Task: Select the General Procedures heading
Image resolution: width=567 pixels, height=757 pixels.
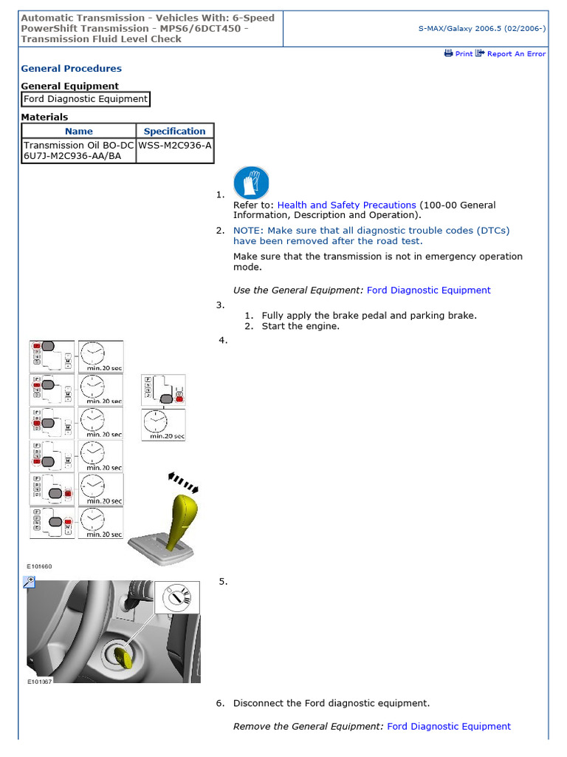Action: (71, 69)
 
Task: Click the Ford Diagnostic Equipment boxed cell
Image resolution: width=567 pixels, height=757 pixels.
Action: (86, 99)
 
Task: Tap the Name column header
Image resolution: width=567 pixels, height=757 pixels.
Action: (79, 132)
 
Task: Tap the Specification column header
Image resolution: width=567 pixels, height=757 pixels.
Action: (174, 132)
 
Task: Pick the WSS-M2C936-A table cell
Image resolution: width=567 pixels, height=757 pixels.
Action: (175, 146)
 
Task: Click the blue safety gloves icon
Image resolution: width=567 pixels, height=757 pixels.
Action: (251, 183)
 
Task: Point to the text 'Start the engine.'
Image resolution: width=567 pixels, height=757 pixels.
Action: (300, 326)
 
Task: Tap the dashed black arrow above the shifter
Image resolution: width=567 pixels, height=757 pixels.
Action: (184, 481)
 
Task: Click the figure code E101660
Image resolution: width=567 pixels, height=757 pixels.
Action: (39, 566)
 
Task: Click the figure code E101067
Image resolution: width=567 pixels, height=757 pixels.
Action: (39, 682)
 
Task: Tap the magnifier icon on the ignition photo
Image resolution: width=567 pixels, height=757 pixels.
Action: (30, 583)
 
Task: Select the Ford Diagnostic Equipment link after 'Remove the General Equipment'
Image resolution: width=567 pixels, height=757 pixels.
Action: (448, 727)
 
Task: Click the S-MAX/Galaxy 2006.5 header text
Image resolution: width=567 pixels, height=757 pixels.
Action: (481, 28)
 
